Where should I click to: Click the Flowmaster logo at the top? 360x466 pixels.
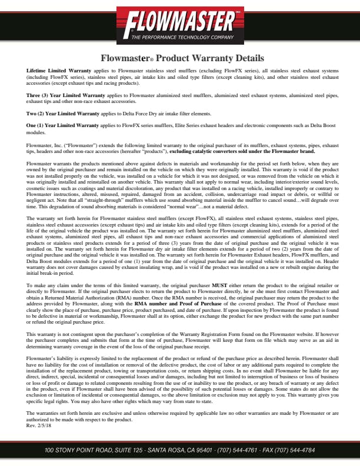[x=181, y=23]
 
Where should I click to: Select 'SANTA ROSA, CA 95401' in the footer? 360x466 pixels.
[x=176, y=450]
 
